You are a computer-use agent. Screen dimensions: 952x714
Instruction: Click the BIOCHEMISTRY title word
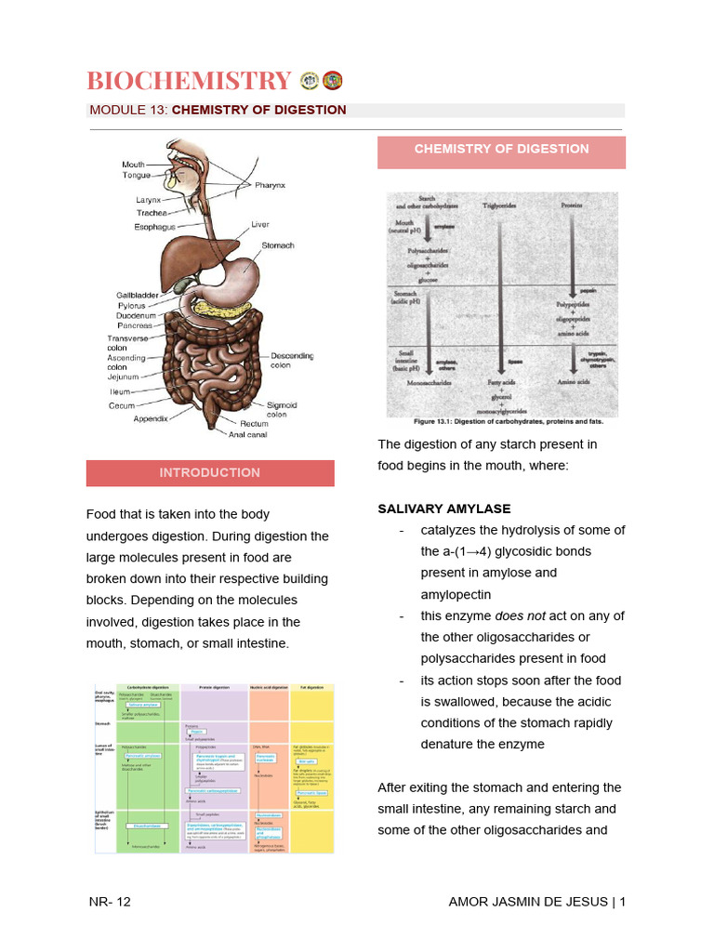pos(190,81)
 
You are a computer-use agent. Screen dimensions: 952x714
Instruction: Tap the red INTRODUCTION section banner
pos(210,472)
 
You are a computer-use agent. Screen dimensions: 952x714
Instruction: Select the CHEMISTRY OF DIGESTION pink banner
pos(501,149)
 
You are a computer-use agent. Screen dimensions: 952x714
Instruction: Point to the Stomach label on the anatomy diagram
pos(277,245)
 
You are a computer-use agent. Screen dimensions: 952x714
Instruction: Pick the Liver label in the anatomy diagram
pos(260,225)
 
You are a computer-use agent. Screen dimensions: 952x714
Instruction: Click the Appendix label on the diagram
pos(151,419)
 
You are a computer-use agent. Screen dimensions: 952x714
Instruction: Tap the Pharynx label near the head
pos(271,185)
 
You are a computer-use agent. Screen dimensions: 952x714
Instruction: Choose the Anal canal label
pos(248,434)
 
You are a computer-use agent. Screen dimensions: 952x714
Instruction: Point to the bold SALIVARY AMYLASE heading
pos(444,509)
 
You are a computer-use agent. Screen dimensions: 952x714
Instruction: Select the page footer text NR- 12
pos(111,902)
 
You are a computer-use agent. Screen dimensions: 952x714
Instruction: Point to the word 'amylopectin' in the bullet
pos(456,594)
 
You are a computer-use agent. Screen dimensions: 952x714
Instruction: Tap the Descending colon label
pos(292,361)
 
